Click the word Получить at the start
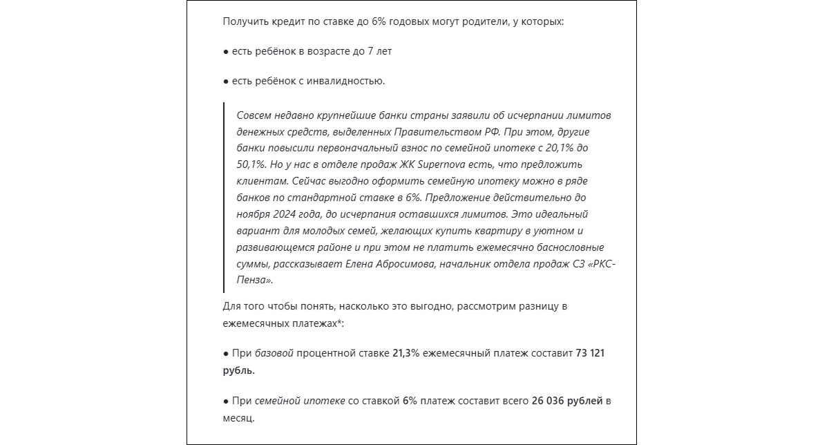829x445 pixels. coord(244,21)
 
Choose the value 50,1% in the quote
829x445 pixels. coord(251,165)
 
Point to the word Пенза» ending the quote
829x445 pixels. coord(255,281)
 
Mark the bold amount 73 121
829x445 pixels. coord(591,353)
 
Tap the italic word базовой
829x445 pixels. coord(274,353)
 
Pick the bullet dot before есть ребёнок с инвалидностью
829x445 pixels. coord(226,82)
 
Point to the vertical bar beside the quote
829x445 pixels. coord(224,197)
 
